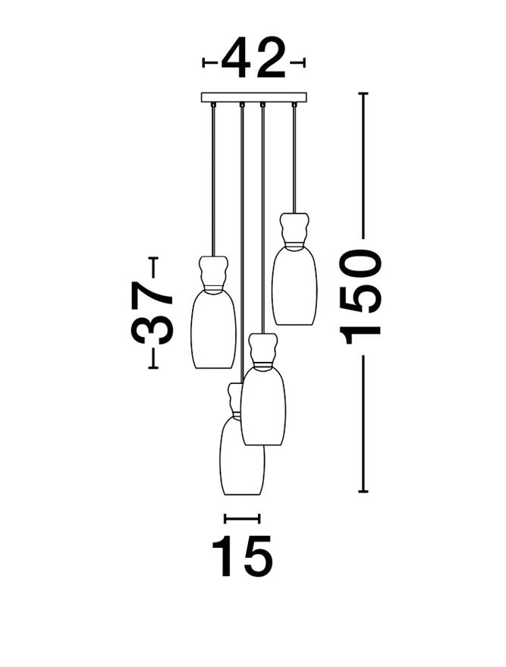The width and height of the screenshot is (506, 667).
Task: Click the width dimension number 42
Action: [253, 58]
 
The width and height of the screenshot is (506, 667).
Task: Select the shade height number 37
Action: [152, 313]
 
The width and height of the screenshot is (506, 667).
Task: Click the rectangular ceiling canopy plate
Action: [254, 97]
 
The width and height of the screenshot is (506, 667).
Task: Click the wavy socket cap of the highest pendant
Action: [294, 230]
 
